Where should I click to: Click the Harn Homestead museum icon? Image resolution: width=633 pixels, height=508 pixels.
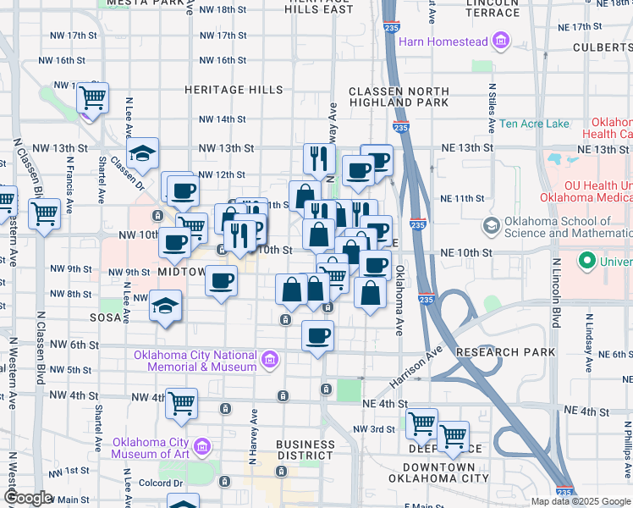[x=501, y=41]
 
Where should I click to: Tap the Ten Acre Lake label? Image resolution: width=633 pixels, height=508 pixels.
[x=534, y=124]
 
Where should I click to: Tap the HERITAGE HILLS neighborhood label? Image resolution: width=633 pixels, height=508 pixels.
[x=234, y=89]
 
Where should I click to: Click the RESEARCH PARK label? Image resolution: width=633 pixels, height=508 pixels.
[x=505, y=351]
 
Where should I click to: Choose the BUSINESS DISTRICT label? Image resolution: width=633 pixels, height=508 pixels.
[x=305, y=450]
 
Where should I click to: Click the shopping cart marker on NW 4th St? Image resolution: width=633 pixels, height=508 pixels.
[x=182, y=404]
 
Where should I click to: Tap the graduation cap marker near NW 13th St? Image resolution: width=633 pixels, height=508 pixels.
[x=143, y=153]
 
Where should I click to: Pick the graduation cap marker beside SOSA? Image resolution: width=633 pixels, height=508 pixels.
[x=165, y=306]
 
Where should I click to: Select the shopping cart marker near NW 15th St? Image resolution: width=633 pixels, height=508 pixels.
[x=93, y=97]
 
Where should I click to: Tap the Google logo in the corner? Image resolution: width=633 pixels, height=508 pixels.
[x=27, y=498]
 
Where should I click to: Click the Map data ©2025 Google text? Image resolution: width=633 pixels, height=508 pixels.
[x=580, y=501]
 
